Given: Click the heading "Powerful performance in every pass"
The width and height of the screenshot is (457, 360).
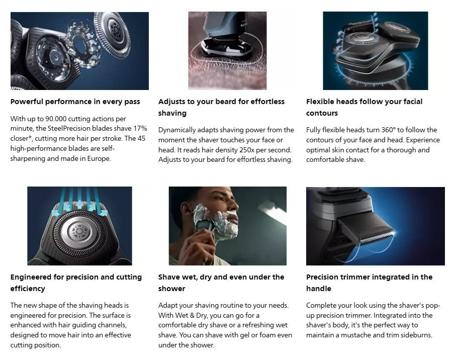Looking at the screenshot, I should click(75, 102).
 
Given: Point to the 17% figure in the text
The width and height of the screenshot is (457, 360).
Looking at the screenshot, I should click(138, 129).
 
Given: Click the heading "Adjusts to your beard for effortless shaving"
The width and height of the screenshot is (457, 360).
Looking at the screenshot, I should click(221, 107).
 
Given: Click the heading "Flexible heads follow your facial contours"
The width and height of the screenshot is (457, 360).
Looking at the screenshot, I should click(364, 107).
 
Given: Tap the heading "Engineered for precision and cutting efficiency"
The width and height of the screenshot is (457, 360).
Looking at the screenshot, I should click(76, 283).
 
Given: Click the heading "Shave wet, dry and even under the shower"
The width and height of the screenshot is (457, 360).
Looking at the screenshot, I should click(221, 283).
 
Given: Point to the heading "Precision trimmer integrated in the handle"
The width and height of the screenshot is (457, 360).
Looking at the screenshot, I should click(369, 283).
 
